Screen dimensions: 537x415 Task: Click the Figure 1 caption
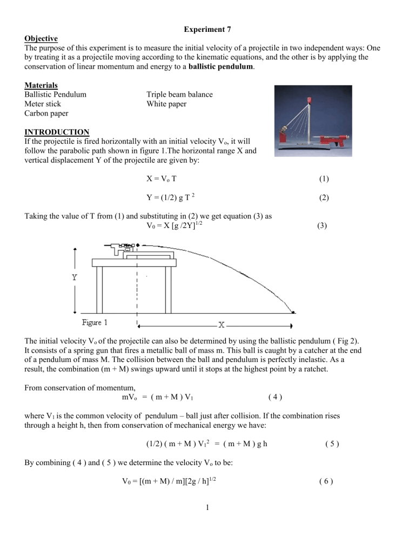[x=95, y=322]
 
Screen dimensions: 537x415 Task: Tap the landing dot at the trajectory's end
[x=293, y=312]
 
